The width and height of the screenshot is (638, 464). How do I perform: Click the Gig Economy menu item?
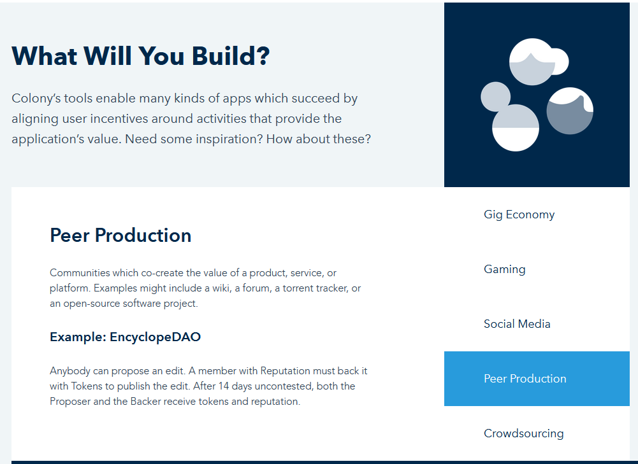pyautogui.click(x=519, y=214)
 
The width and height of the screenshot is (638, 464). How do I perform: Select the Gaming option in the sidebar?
pyautogui.click(x=505, y=269)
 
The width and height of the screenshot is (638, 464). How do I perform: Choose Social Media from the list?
pyautogui.click(x=517, y=324)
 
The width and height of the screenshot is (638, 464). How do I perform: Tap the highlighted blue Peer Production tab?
pyautogui.click(x=537, y=379)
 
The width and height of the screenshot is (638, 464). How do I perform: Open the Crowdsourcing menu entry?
pyautogui.click(x=524, y=433)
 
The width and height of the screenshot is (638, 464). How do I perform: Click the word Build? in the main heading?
pyautogui.click(x=231, y=55)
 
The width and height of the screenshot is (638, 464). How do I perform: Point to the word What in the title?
pyautogui.click(x=45, y=55)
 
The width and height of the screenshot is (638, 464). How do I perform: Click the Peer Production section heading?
pyautogui.click(x=120, y=236)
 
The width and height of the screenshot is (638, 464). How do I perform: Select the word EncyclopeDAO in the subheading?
pyautogui.click(x=155, y=337)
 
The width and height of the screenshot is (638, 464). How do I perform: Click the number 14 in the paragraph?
pyautogui.click(x=224, y=386)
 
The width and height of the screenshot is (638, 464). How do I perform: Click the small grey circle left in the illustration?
pyautogui.click(x=495, y=97)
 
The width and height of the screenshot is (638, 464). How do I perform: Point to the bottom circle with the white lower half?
pyautogui.click(x=516, y=127)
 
